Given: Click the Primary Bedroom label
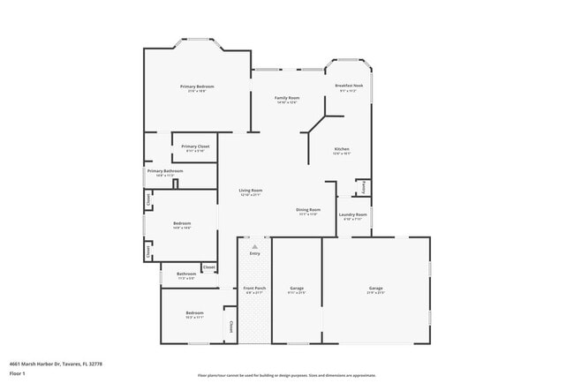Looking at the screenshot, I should pos(197,86).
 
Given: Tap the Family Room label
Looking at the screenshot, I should pos(287,98).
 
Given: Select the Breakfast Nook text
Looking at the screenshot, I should pos(349,86).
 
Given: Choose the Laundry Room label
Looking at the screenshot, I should pos(353,214).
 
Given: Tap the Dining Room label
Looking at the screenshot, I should pos(308,210).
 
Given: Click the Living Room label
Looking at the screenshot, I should pos(251,191).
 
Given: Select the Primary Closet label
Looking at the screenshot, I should pos(195,146).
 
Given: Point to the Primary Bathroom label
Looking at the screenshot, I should pos(165,171).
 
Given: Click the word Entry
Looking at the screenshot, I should pos(254,254).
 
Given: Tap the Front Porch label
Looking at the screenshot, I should pos(254,288).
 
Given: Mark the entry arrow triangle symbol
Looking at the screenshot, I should pos(254,246).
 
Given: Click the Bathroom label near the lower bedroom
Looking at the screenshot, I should pos(186,274).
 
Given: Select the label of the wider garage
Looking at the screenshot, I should pos(376,289).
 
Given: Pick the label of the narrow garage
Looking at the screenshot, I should pos(297,289).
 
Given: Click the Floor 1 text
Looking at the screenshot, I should pos(18,373).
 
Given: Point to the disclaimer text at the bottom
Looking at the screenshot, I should pos(286,374).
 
